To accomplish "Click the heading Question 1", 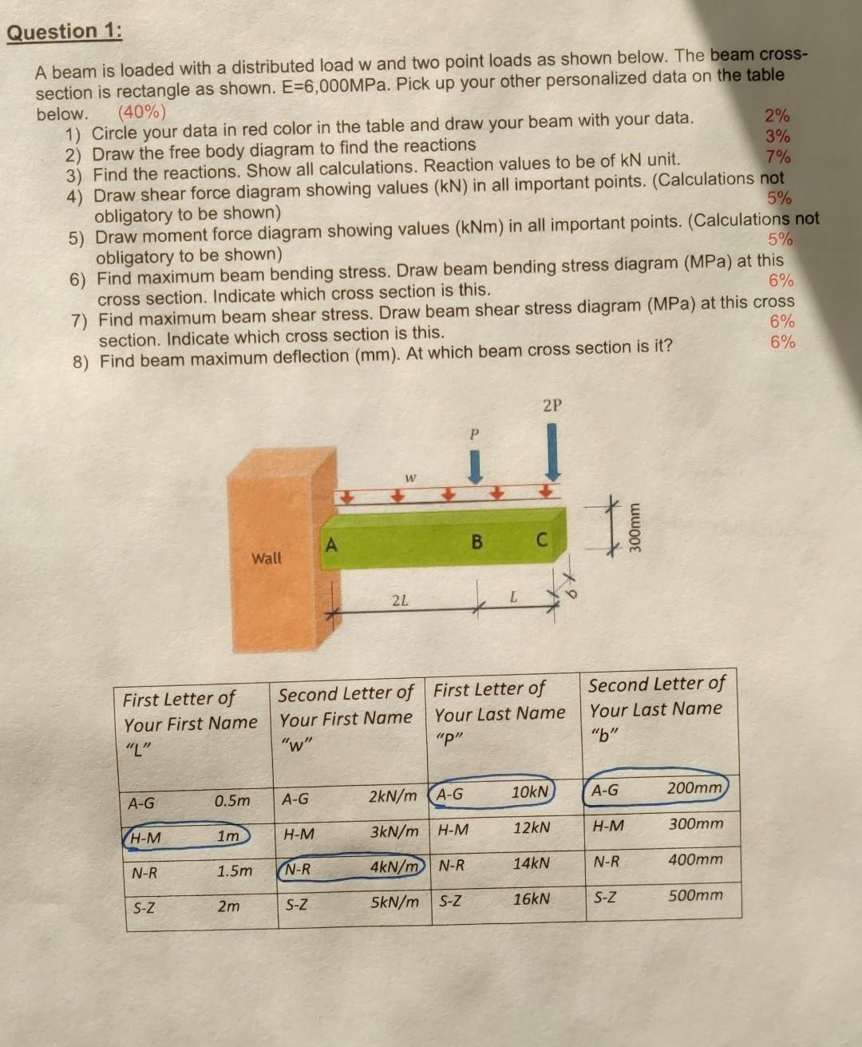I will (x=65, y=33).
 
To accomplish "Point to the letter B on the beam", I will (x=476, y=541).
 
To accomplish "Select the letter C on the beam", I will (x=540, y=541).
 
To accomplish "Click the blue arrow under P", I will (x=474, y=466).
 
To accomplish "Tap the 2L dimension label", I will (x=400, y=600).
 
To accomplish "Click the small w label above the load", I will (x=410, y=478).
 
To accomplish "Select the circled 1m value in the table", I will (x=228, y=835).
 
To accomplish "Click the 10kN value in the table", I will (x=530, y=791).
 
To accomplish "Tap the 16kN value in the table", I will (x=531, y=898).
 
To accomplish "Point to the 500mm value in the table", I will (x=695, y=894).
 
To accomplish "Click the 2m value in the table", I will (x=228, y=906).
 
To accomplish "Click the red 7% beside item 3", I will (x=778, y=156).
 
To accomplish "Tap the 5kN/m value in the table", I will (x=394, y=902).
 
